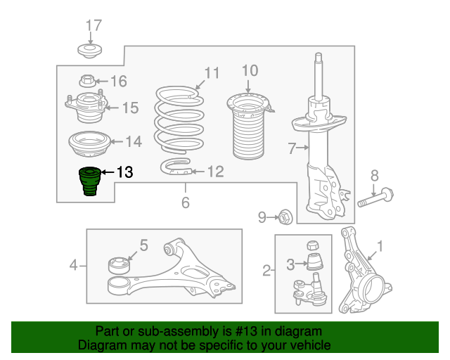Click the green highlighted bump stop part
[x=90, y=181]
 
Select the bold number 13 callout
[x=125, y=172]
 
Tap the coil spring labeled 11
[x=179, y=120]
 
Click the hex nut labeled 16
[x=87, y=81]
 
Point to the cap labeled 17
[x=90, y=51]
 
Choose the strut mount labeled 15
[x=86, y=107]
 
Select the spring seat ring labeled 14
[x=90, y=144]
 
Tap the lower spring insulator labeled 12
[x=176, y=167]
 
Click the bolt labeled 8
[x=375, y=198]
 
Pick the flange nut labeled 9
[x=285, y=217]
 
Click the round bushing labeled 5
[x=119, y=265]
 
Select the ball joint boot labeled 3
[x=315, y=262]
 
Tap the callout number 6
[x=186, y=202]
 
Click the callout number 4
[x=73, y=265]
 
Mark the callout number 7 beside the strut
[x=292, y=148]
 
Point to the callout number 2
[x=266, y=271]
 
